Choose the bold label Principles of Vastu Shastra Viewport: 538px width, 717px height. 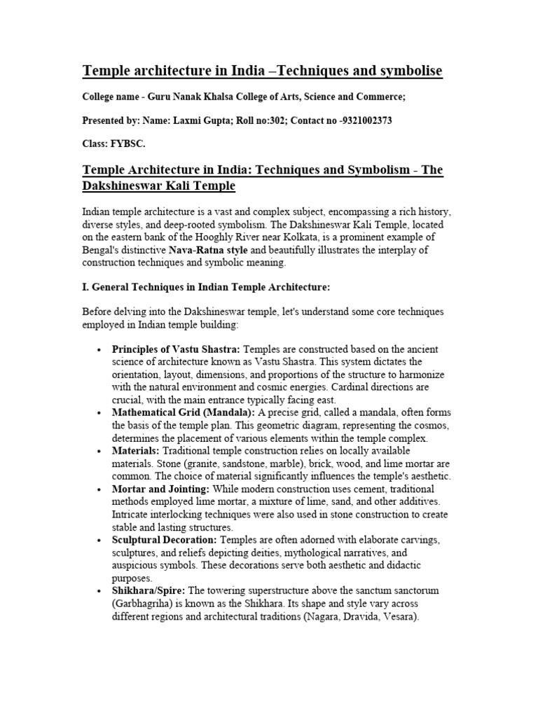[176, 349]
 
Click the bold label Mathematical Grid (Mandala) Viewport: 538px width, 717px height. [177, 413]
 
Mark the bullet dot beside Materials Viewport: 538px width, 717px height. [101, 452]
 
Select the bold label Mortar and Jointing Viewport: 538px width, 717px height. [160, 489]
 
